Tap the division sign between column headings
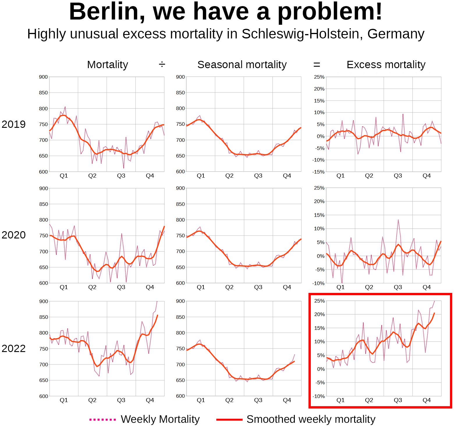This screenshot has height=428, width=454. pos(162,64)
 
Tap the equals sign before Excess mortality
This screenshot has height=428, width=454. pos(317,65)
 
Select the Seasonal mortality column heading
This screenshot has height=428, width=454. pos(242,65)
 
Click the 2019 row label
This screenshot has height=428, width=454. pos(13,124)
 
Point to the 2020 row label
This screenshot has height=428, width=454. pos(13,235)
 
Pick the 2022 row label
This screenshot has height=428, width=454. pos(13,349)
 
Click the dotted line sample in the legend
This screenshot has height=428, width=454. pos(102,420)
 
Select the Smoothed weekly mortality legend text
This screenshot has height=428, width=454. pos(311,419)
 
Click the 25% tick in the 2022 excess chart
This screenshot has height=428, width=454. pos(319,301)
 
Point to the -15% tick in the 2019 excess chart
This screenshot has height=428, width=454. pos(318,172)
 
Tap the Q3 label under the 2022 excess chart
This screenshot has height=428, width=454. pos(398,400)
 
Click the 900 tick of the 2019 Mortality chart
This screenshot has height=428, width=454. pos(43,77)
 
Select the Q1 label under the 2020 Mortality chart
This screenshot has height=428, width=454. pos(63,287)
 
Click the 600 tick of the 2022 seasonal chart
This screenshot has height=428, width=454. pos(180,396)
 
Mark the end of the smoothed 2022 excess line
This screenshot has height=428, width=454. pos(434,313)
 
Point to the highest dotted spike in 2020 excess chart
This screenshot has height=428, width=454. pos(398,220)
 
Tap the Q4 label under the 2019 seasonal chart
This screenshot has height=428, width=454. pos(287,176)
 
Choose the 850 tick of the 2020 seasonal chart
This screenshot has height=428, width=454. pos(180,204)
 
